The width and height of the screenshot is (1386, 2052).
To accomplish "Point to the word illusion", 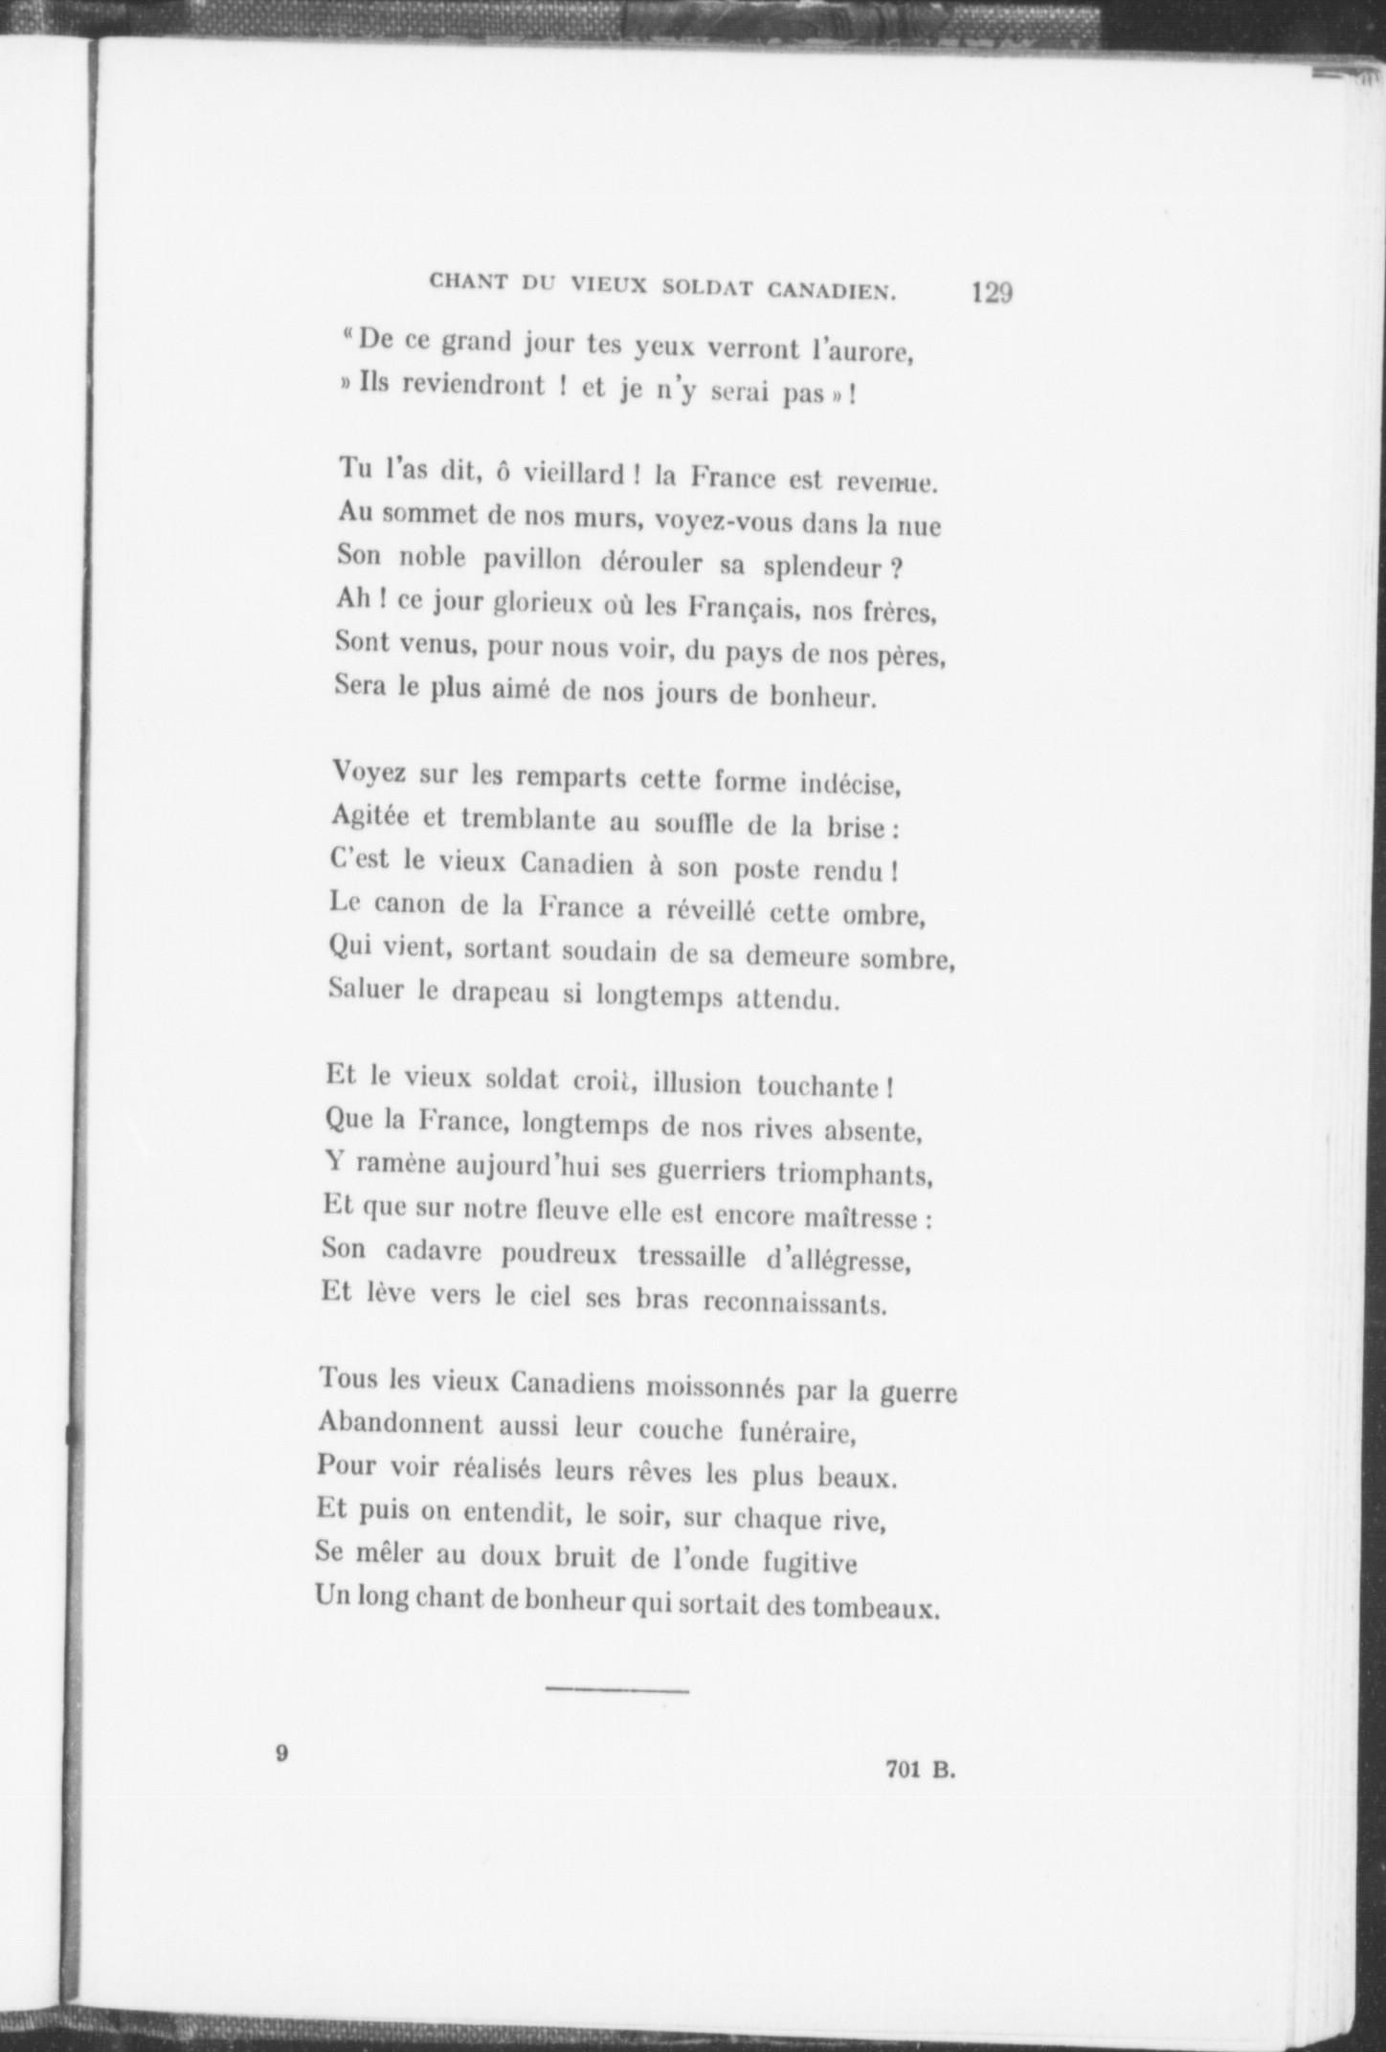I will (697, 1084).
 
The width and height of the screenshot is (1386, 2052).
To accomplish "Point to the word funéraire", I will (796, 1433).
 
